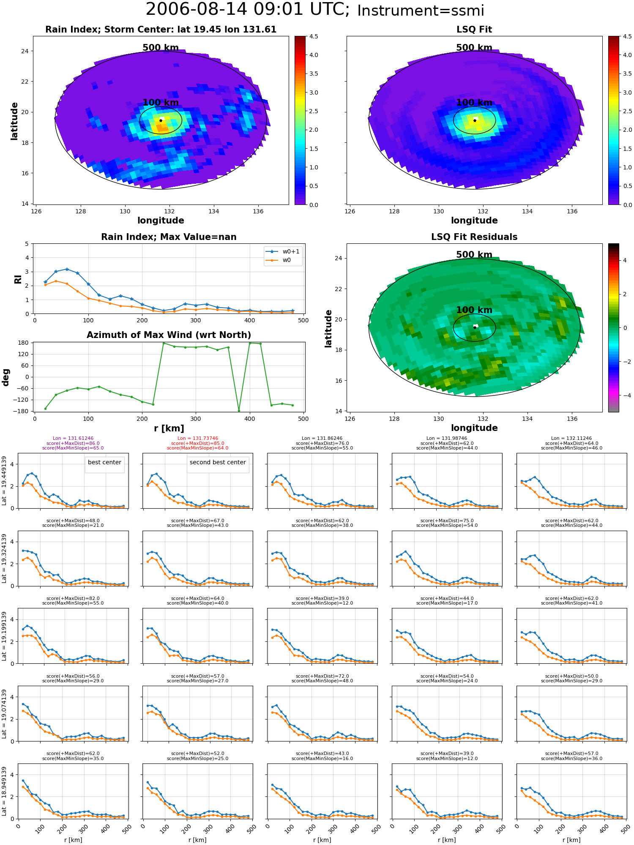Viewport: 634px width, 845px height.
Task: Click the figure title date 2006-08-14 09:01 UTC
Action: click(x=248, y=10)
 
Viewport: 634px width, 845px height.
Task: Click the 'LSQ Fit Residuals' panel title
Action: click(x=474, y=237)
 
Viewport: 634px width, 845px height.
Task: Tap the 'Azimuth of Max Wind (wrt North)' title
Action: click(x=169, y=335)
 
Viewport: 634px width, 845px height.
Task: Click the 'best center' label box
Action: click(x=104, y=463)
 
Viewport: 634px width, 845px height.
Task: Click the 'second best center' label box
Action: click(x=218, y=463)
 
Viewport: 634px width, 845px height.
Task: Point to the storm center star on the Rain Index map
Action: click(x=161, y=120)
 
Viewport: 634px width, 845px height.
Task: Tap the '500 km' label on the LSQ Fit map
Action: click(x=474, y=48)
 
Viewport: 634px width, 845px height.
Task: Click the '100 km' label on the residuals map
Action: click(x=474, y=310)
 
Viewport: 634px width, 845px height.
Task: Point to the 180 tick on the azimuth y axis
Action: click(x=24, y=343)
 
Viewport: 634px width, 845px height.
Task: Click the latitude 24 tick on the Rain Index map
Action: click(x=25, y=51)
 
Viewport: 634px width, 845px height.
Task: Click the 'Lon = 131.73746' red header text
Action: click(x=198, y=439)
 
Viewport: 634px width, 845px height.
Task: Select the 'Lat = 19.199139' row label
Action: click(x=4, y=636)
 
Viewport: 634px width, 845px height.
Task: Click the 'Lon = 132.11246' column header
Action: click(x=571, y=439)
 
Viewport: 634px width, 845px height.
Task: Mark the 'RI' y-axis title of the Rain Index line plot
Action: click(x=18, y=279)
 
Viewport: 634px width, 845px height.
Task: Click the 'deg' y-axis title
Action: click(x=5, y=377)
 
